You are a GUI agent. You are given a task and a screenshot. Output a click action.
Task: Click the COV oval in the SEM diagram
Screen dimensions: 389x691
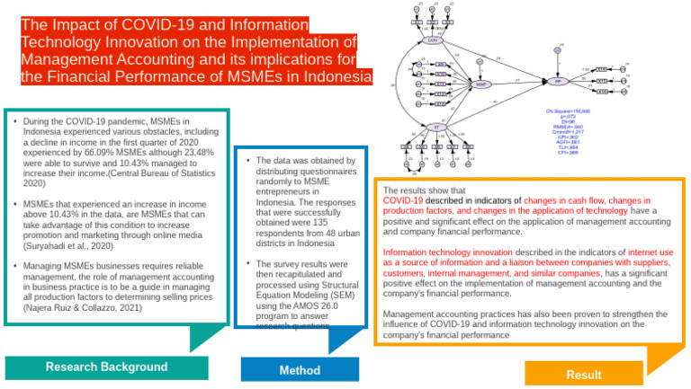click(x=434, y=40)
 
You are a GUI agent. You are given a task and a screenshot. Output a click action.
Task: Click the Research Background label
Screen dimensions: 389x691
click(x=106, y=367)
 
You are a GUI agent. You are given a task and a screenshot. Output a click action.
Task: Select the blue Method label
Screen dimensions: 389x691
click(x=300, y=369)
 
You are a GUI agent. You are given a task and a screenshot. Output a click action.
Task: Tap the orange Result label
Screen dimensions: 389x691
click(x=584, y=375)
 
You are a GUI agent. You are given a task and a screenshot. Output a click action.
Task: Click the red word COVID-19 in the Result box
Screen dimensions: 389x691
click(x=402, y=201)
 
